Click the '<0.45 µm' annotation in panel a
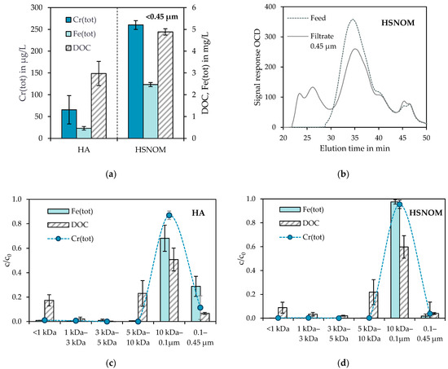(169, 14)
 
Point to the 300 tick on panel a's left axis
(43, 7)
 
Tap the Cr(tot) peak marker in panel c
(169, 215)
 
